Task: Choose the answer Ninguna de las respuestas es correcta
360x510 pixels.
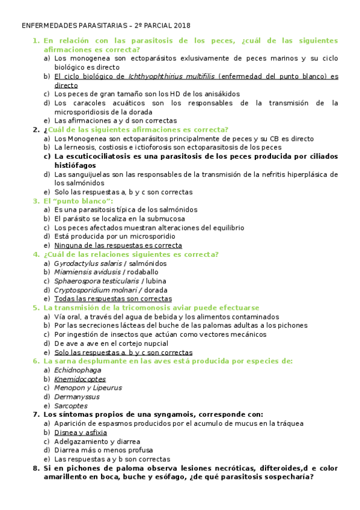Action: click(118, 245)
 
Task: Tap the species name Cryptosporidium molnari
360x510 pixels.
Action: click(97, 290)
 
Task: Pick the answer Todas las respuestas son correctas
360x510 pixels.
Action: click(112, 299)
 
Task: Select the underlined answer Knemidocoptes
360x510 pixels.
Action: click(79, 379)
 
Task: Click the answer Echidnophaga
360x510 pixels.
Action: click(78, 370)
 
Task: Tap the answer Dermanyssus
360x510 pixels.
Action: click(76, 397)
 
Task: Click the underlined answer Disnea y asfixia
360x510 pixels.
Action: click(81, 432)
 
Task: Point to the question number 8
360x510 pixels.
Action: click(35, 468)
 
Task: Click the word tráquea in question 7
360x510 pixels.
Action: click(290, 423)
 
